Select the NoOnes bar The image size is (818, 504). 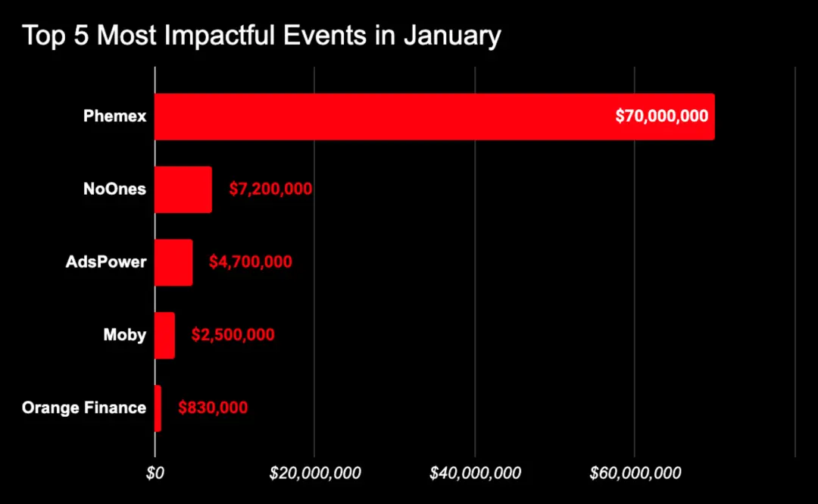point(183,189)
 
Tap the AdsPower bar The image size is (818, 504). point(173,262)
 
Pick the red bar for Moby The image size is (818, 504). point(164,335)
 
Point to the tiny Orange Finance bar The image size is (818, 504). point(158,408)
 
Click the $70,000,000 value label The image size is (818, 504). point(661,117)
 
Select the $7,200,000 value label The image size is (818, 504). point(271,189)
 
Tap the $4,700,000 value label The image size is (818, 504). point(251,262)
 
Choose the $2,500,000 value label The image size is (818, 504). point(233,335)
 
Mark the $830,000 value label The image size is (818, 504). point(213,408)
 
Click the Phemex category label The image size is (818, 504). point(115,117)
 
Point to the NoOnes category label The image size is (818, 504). point(114,189)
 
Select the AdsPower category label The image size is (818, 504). point(106,262)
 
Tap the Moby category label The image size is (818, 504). point(125,335)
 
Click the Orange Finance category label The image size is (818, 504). point(84,408)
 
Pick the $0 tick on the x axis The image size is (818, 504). point(155,474)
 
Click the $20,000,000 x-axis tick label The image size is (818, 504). point(315,474)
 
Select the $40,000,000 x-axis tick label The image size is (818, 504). point(475,474)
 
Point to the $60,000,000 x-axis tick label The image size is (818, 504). point(635,474)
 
